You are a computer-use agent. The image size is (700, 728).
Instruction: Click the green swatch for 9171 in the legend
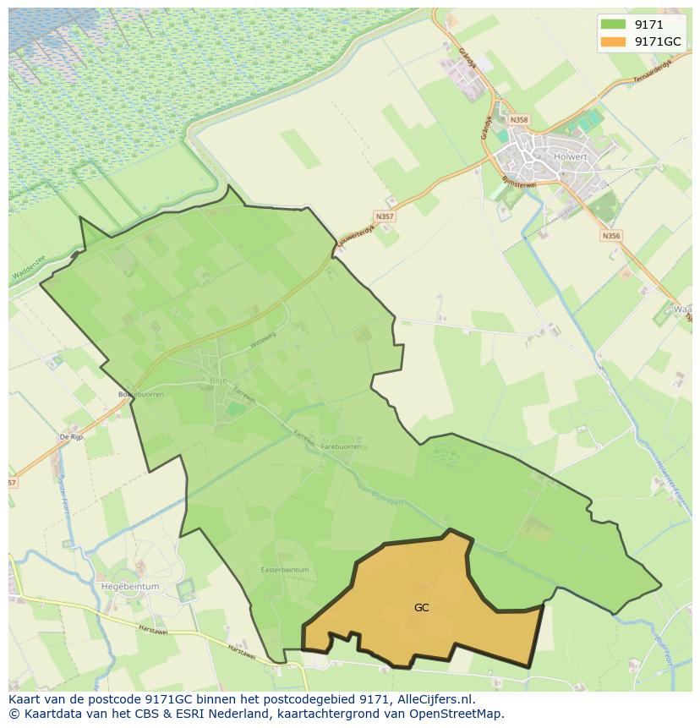click(613, 25)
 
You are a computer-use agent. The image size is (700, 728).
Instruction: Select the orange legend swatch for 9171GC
click(613, 41)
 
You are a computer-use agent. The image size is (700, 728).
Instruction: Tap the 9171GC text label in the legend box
click(658, 41)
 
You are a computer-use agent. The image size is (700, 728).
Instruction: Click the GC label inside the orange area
click(422, 607)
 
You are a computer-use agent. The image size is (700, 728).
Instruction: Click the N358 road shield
click(519, 120)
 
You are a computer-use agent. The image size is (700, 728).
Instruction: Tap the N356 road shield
click(611, 236)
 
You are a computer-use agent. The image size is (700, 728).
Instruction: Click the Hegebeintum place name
click(130, 586)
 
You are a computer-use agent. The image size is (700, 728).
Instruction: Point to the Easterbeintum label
click(285, 570)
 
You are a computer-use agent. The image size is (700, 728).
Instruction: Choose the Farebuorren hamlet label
click(341, 446)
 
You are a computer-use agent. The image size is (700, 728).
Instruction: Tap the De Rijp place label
click(70, 436)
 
